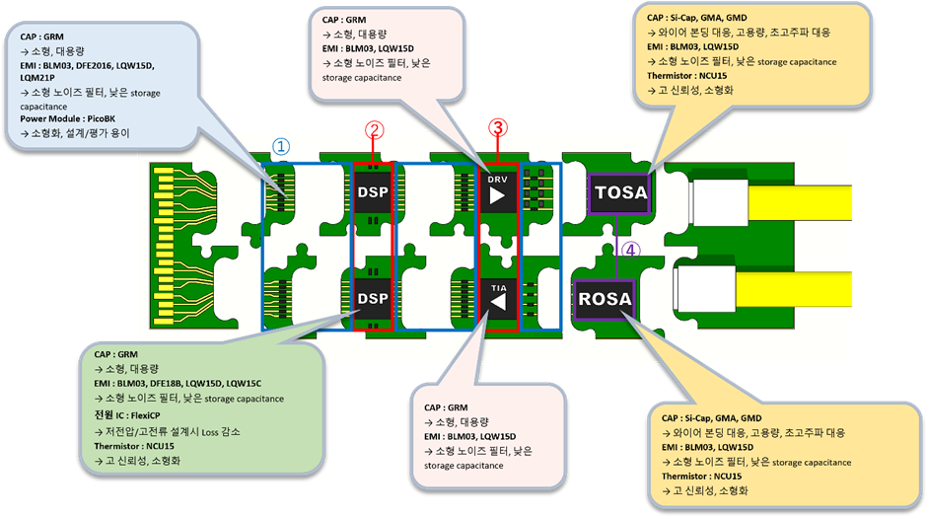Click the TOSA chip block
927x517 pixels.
coord(619,192)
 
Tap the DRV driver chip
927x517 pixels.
coord(497,193)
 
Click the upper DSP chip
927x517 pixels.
coord(373,191)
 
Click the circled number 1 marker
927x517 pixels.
coord(281,146)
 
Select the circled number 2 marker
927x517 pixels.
coord(373,129)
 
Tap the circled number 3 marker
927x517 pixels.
coord(498,126)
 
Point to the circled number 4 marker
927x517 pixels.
coord(631,251)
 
